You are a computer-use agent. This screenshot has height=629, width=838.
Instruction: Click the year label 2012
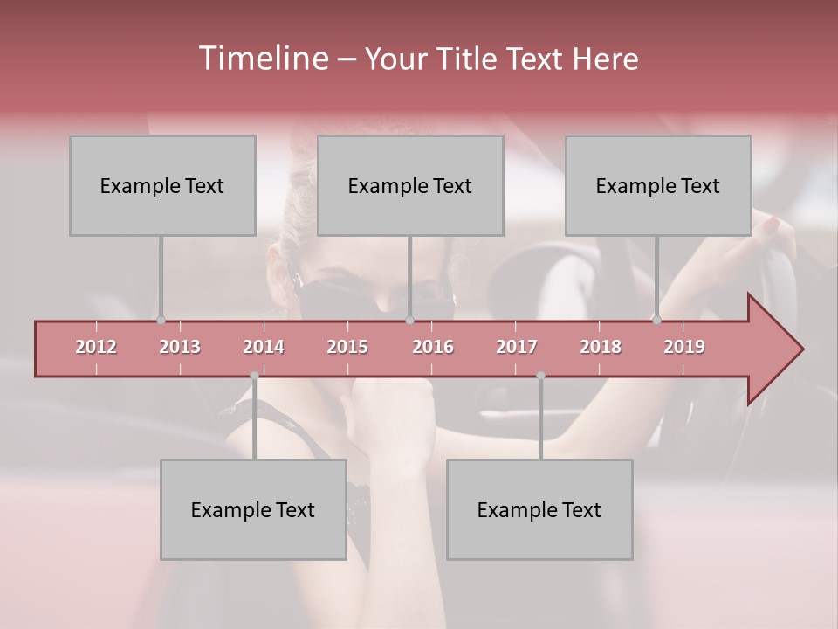96,347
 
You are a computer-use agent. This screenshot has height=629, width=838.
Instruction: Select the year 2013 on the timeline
180,347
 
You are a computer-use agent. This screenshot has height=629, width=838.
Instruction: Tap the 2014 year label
264,347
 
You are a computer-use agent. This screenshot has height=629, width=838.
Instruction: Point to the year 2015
347,347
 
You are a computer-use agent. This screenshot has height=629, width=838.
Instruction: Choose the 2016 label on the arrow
433,347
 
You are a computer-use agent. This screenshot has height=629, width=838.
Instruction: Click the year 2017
517,347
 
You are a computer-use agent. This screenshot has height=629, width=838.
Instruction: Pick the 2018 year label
601,347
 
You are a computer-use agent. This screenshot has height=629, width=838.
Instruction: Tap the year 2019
684,347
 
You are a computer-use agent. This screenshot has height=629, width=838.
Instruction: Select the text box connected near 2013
162,185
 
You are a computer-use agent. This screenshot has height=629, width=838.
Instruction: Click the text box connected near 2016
410,185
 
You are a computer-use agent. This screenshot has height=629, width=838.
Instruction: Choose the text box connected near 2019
658,185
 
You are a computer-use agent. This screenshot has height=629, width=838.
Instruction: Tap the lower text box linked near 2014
253,509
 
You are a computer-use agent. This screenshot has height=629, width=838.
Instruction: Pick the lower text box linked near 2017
539,509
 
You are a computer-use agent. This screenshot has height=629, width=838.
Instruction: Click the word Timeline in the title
261,59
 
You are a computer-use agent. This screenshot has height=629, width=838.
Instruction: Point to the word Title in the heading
472,59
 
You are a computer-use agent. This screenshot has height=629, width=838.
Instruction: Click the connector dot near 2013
161,321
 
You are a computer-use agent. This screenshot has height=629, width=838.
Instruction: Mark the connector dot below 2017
540,376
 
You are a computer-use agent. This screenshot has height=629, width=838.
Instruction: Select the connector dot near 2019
656,321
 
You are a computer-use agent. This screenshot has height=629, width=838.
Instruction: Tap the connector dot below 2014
254,376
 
